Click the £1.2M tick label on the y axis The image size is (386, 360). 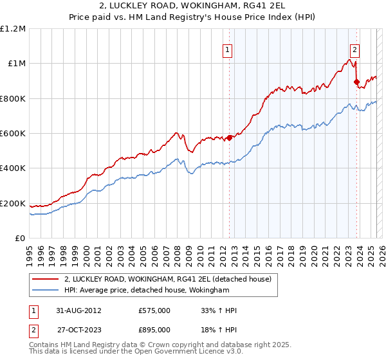[x=13, y=29]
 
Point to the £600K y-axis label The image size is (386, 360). [x=13, y=134]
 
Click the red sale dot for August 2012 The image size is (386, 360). [x=229, y=138]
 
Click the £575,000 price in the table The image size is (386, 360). [x=154, y=310]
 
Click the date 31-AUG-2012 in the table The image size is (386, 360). [x=77, y=310]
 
